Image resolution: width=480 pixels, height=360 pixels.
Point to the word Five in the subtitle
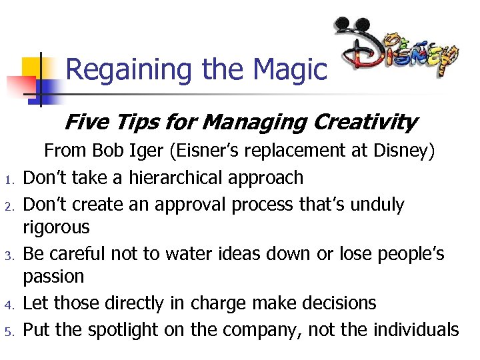[85, 122]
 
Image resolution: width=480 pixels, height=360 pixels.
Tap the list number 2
[10, 205]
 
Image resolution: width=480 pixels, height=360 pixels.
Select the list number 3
[10, 255]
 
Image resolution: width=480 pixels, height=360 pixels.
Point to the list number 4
[10, 305]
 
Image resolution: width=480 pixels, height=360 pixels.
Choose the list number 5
[10, 330]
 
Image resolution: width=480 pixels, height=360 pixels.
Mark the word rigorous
[56, 228]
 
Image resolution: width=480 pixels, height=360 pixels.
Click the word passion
[53, 277]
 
